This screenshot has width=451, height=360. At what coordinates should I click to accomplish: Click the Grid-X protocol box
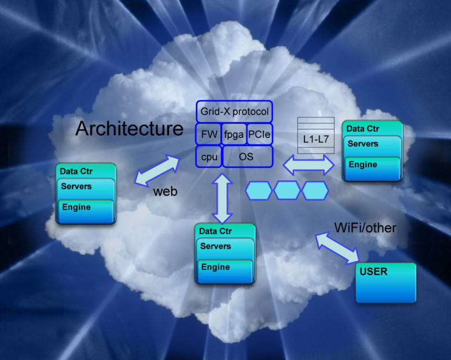(x=234, y=112)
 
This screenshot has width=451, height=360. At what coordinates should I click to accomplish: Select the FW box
(x=207, y=134)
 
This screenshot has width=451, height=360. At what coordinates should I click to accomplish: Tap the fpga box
(x=233, y=134)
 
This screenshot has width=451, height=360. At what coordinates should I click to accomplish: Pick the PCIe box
(x=259, y=134)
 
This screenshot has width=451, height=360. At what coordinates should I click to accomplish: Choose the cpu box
(x=209, y=157)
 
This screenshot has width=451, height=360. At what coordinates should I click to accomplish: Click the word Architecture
(x=130, y=128)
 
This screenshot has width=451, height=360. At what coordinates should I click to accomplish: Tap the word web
(x=165, y=192)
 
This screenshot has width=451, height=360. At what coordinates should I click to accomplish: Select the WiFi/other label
(x=365, y=228)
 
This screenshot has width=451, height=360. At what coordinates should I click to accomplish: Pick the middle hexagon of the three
(x=287, y=190)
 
